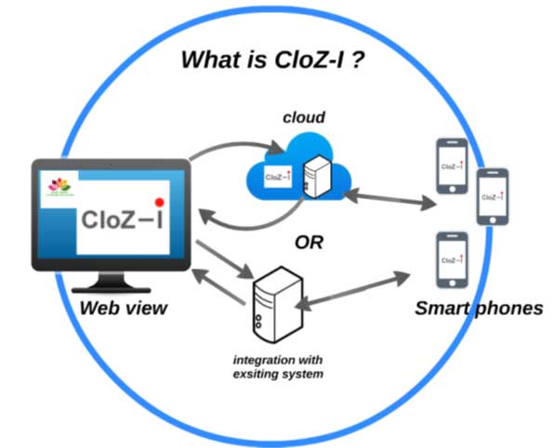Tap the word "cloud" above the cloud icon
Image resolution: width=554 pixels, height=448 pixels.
(x=305, y=119)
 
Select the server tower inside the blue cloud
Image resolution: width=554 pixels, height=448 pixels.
(x=318, y=177)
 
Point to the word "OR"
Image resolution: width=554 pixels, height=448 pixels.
(x=309, y=243)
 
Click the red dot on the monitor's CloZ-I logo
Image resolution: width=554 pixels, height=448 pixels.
(x=159, y=202)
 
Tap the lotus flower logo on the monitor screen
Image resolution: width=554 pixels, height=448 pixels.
(x=60, y=185)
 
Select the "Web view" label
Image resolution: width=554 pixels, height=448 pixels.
(x=123, y=309)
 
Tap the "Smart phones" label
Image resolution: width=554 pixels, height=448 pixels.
(x=479, y=309)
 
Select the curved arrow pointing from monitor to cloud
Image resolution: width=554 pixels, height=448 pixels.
(x=232, y=149)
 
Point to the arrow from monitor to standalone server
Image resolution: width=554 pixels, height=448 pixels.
(x=223, y=259)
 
